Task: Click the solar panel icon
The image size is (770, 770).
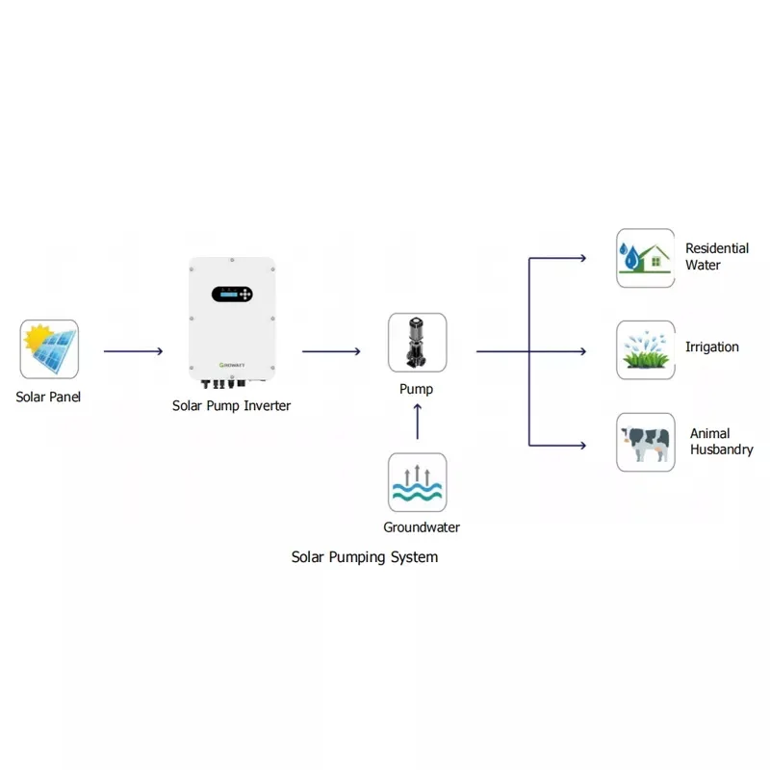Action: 49,349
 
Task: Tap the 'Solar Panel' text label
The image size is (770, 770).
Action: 48,397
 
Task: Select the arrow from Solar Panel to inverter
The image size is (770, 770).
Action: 133,352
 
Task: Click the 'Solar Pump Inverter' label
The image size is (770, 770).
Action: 231,406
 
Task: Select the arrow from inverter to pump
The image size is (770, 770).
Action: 331,352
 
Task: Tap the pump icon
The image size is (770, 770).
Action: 417,343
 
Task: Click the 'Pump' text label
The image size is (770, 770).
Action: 417,390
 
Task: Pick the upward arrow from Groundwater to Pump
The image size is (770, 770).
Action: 417,422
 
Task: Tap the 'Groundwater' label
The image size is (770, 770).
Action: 422,527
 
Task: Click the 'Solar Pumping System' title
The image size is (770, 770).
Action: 365,557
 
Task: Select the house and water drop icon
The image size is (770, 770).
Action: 645,258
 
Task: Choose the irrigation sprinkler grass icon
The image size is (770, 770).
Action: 645,350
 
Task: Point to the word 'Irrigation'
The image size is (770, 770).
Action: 712,346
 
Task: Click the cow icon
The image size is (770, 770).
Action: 645,443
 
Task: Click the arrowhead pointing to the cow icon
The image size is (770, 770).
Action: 582,445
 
